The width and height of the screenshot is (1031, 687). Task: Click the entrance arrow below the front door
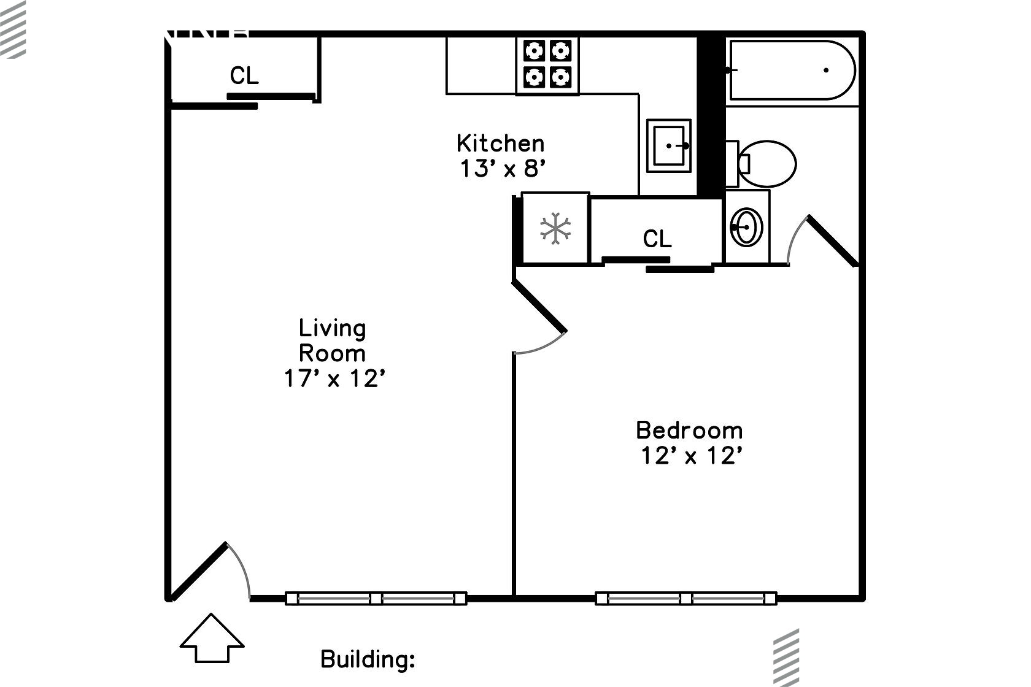(x=212, y=639)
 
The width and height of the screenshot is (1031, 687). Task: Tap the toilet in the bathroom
(x=767, y=164)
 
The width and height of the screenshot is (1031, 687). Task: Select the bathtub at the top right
(x=792, y=70)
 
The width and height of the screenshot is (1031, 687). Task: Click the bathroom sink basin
(x=747, y=228)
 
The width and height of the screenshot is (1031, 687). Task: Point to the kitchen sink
(x=669, y=146)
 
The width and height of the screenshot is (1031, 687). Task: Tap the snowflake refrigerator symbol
(x=555, y=229)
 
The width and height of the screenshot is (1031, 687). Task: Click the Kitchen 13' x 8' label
(x=501, y=156)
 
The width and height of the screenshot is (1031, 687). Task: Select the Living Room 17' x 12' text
(x=333, y=353)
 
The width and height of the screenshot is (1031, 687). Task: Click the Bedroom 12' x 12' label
(x=689, y=442)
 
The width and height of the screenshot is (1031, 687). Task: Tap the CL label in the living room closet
(x=244, y=76)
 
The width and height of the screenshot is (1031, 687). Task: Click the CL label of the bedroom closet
(x=657, y=238)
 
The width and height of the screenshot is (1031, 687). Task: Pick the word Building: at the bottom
(x=368, y=659)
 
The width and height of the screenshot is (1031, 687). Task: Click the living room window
(x=376, y=598)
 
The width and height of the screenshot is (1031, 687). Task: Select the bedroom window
(x=685, y=598)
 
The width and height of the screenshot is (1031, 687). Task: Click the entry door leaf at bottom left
(x=199, y=570)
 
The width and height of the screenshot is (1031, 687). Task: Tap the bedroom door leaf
(x=539, y=305)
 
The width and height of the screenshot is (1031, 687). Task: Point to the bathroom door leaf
(x=832, y=240)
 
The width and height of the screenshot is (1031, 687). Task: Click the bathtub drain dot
(x=826, y=70)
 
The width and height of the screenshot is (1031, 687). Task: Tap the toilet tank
(x=732, y=164)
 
